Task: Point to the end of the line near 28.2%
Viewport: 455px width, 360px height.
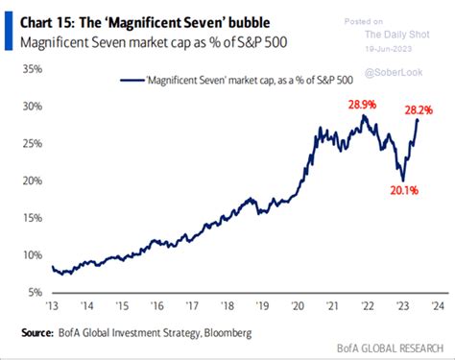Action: point(418,119)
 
